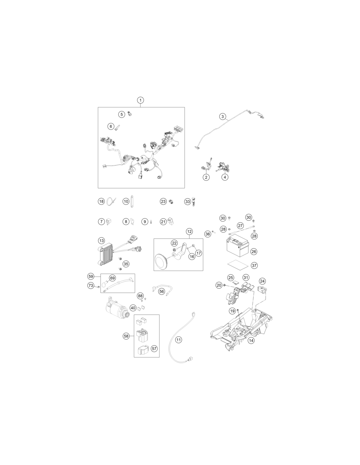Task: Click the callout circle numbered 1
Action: tap(140, 100)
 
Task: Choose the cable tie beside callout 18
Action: tap(111, 201)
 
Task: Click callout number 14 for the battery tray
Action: tap(251, 340)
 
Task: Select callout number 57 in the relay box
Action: tap(154, 348)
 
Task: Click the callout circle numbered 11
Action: tap(179, 340)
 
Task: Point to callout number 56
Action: tap(162, 291)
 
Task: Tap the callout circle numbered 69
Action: tap(112, 278)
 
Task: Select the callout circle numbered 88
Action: tap(140, 296)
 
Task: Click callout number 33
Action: tap(188, 201)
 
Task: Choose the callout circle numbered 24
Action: tap(262, 281)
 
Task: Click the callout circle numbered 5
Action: tap(122, 114)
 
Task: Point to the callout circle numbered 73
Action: tap(91, 285)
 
